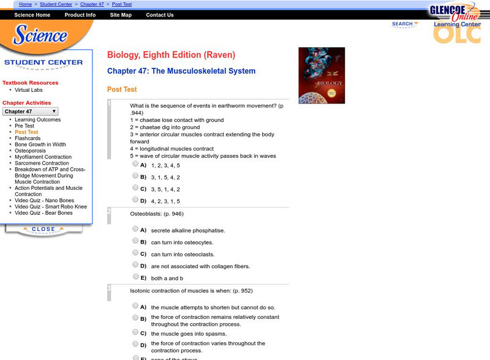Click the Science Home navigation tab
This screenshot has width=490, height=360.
[32, 15]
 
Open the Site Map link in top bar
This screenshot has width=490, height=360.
[121, 15]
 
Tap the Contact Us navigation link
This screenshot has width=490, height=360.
[160, 15]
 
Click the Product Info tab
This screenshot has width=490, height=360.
[80, 15]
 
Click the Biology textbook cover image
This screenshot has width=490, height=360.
[322, 75]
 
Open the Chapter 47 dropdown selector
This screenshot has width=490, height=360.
[31, 111]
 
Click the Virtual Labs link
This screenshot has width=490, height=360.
[29, 90]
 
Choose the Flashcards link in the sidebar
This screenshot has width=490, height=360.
[28, 138]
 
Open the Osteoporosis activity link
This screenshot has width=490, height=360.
[31, 151]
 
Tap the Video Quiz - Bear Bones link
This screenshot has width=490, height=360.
[43, 213]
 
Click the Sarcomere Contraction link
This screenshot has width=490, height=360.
[42, 163]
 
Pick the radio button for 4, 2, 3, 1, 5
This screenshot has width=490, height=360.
[135, 200]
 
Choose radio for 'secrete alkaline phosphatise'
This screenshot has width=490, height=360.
[135, 230]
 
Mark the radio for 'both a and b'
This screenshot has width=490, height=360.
[135, 277]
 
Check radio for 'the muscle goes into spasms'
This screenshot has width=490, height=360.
[135, 332]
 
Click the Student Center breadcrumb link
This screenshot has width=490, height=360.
[56, 4]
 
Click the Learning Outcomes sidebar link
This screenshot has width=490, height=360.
[37, 119]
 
